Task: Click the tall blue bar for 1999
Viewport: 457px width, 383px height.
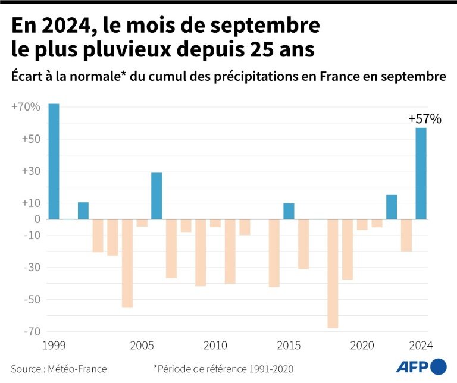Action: point(54,161)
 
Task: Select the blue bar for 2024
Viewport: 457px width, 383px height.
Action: point(421,173)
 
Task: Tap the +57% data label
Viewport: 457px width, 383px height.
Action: point(424,119)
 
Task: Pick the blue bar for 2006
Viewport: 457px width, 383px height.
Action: point(156,196)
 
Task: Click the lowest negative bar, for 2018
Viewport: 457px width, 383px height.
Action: point(333,273)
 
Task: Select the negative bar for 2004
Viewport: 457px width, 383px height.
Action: point(127,263)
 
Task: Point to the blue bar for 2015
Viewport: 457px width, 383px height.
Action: point(289,211)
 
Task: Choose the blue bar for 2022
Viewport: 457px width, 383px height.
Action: point(392,207)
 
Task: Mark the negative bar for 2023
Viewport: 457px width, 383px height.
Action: point(406,235)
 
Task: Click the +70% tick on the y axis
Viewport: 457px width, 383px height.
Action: point(26,107)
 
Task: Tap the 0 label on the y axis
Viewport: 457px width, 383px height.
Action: point(36,219)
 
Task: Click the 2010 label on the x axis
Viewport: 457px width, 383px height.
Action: point(215,346)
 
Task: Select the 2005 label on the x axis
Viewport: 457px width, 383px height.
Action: point(142,346)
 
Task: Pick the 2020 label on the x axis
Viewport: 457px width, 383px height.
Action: point(362,346)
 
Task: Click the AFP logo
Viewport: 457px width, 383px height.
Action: point(421,366)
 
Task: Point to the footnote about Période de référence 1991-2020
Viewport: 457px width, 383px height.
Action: point(223,368)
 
